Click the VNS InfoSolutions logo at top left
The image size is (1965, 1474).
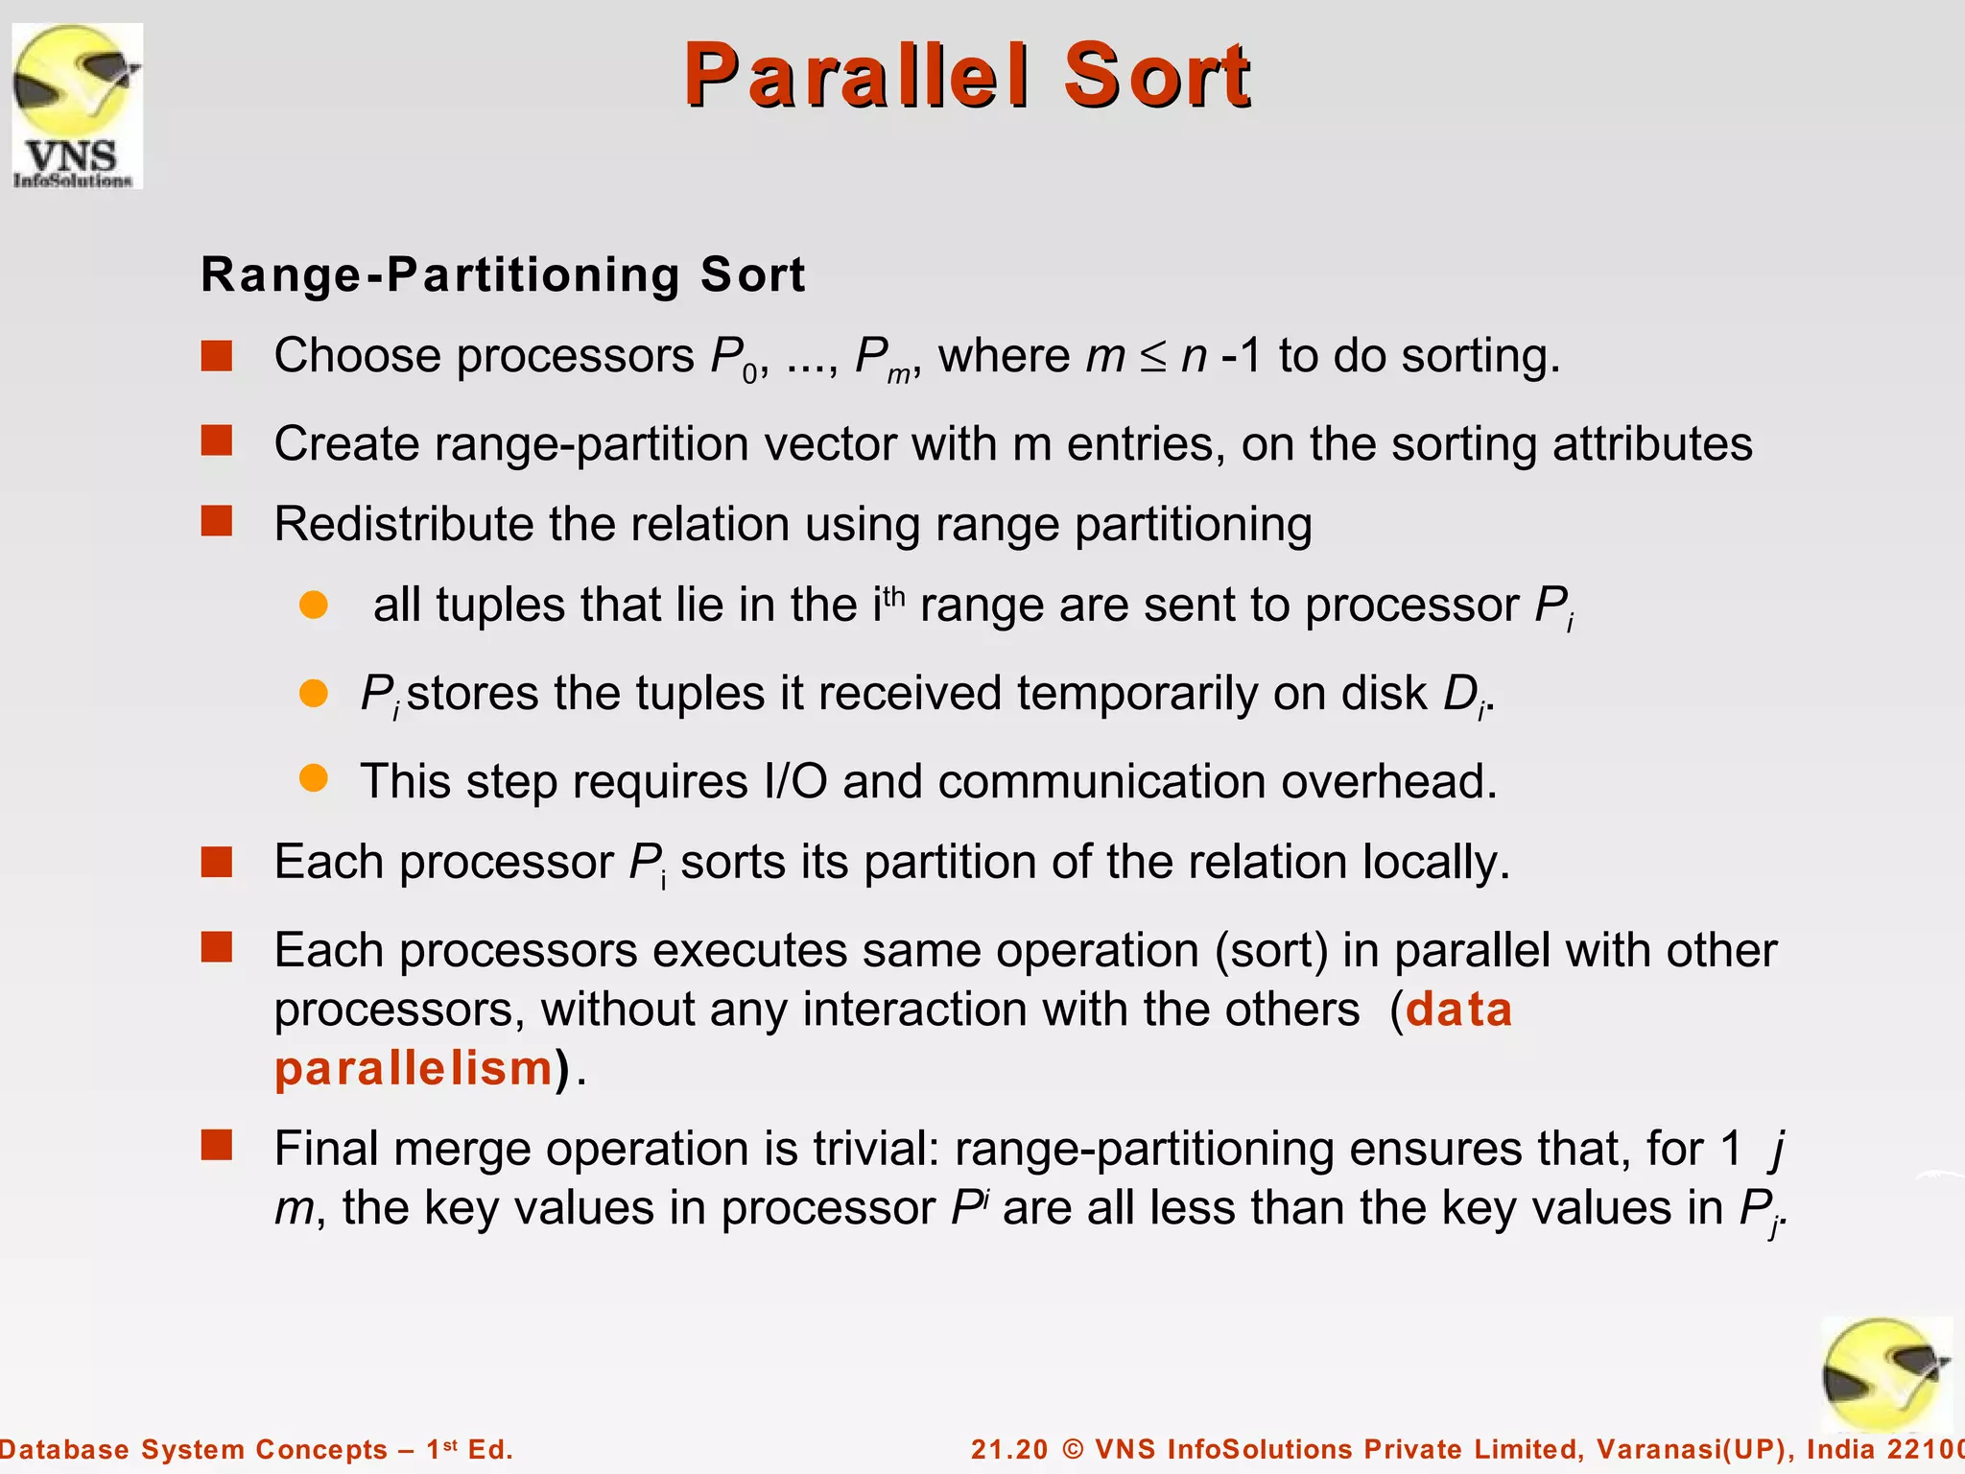77,106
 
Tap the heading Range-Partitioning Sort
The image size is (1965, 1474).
503,275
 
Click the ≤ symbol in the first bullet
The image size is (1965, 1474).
1152,358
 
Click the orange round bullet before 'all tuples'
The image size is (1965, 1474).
314,605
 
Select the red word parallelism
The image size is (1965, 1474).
414,1069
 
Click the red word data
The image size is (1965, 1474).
1458,1010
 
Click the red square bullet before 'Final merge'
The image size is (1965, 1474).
217,1145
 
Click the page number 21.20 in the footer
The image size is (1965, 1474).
1009,1449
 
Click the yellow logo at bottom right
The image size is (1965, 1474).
1884,1374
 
